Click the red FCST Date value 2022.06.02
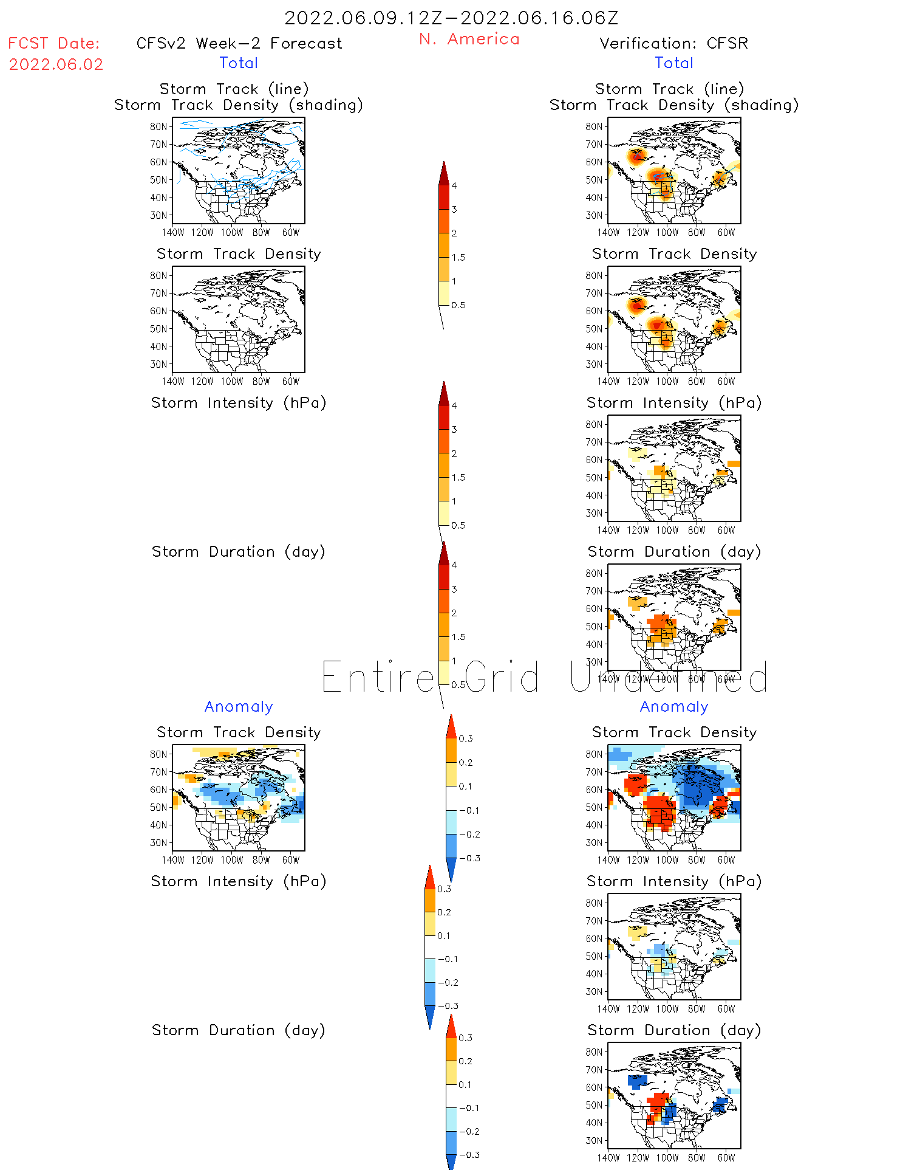click(x=56, y=64)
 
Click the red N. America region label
click(x=469, y=40)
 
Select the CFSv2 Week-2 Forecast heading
click(x=239, y=44)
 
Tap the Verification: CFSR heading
click(x=673, y=44)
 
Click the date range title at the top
click(x=451, y=18)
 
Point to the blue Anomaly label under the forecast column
click(x=239, y=707)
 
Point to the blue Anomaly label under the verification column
click(x=674, y=707)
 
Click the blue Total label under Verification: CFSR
click(x=674, y=63)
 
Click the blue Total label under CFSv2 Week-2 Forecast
click(x=239, y=63)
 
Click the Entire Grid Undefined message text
click(x=544, y=677)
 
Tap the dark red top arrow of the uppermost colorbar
click(x=444, y=173)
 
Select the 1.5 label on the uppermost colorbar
click(x=458, y=258)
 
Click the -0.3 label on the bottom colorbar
click(x=469, y=1155)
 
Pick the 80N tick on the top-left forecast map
click(x=158, y=127)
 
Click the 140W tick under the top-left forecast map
click(x=173, y=233)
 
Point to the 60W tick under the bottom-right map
click(x=726, y=1158)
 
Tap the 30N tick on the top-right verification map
click(x=594, y=216)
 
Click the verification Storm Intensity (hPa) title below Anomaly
click(x=674, y=882)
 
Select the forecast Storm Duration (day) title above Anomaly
click(x=239, y=552)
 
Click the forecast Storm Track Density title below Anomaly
click(x=239, y=733)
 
